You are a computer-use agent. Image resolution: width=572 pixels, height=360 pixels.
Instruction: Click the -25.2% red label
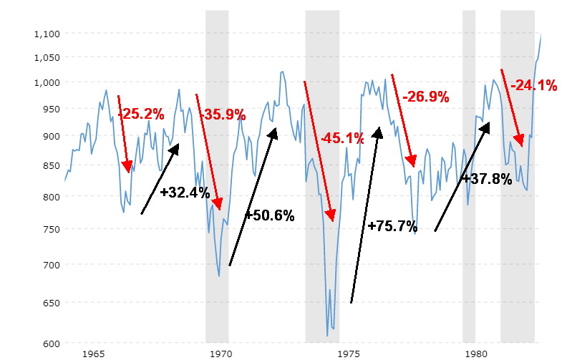coord(141,113)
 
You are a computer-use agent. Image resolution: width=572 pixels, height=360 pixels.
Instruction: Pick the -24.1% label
coord(533,86)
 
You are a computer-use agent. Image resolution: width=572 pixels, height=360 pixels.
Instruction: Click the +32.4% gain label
coord(185,193)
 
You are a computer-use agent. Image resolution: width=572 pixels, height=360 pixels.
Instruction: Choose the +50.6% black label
coord(269,215)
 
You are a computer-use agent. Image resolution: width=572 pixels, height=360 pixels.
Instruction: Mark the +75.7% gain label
coord(392,226)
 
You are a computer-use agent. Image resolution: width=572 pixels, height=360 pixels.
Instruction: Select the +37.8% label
coord(486,178)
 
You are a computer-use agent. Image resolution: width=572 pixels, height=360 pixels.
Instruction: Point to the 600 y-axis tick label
coord(51,344)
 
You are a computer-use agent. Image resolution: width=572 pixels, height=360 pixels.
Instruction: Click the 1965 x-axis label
coord(94,354)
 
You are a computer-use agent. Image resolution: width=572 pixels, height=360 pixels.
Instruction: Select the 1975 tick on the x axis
coord(349,354)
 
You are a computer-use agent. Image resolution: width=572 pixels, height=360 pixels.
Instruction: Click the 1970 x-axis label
coord(222,354)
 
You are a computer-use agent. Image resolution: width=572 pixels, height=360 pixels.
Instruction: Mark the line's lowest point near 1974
coord(327,336)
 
